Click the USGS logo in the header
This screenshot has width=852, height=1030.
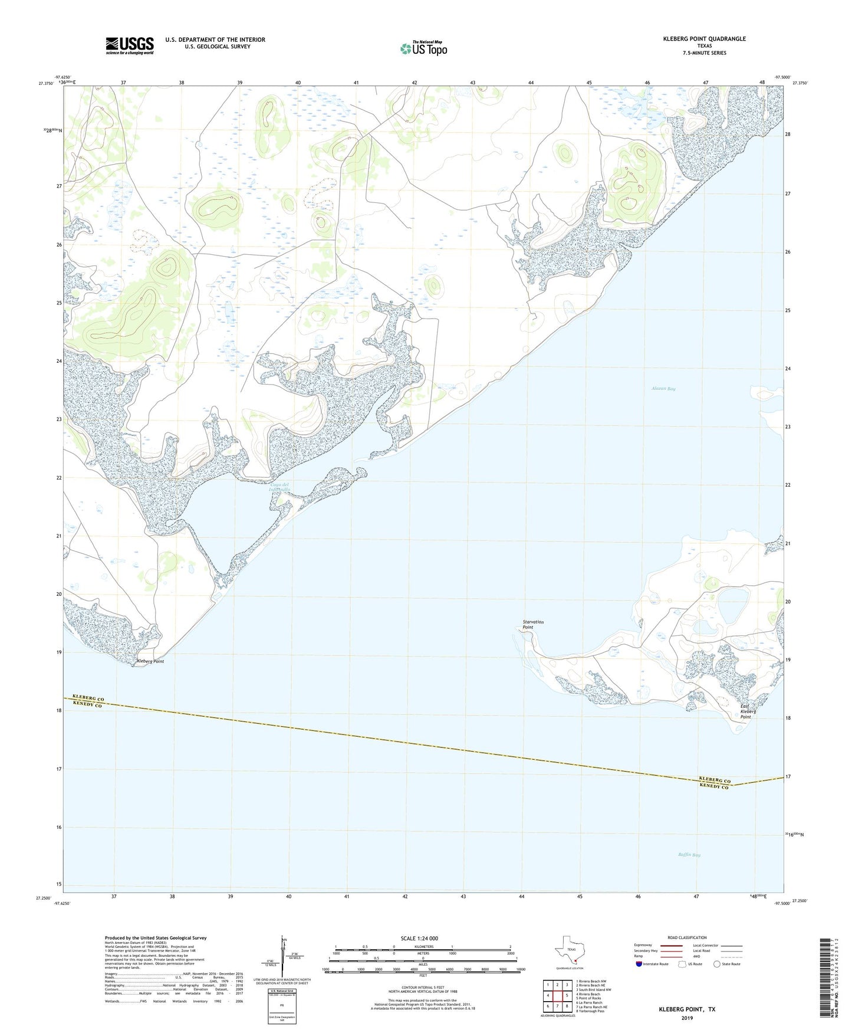coord(130,45)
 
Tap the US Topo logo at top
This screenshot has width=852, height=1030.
coord(423,48)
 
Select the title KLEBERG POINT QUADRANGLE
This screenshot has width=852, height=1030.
coord(703,39)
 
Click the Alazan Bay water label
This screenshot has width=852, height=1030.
coord(663,389)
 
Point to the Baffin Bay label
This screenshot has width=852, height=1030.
coord(688,855)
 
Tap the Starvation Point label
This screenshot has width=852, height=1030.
coord(533,624)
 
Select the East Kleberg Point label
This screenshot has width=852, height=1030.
coord(748,711)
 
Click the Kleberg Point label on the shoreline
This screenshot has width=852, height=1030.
coord(150,662)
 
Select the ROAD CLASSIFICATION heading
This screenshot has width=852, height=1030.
coord(687,937)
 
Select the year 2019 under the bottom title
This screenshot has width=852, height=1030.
coord(687,1018)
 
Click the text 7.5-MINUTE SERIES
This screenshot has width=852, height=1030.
coord(703,53)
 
